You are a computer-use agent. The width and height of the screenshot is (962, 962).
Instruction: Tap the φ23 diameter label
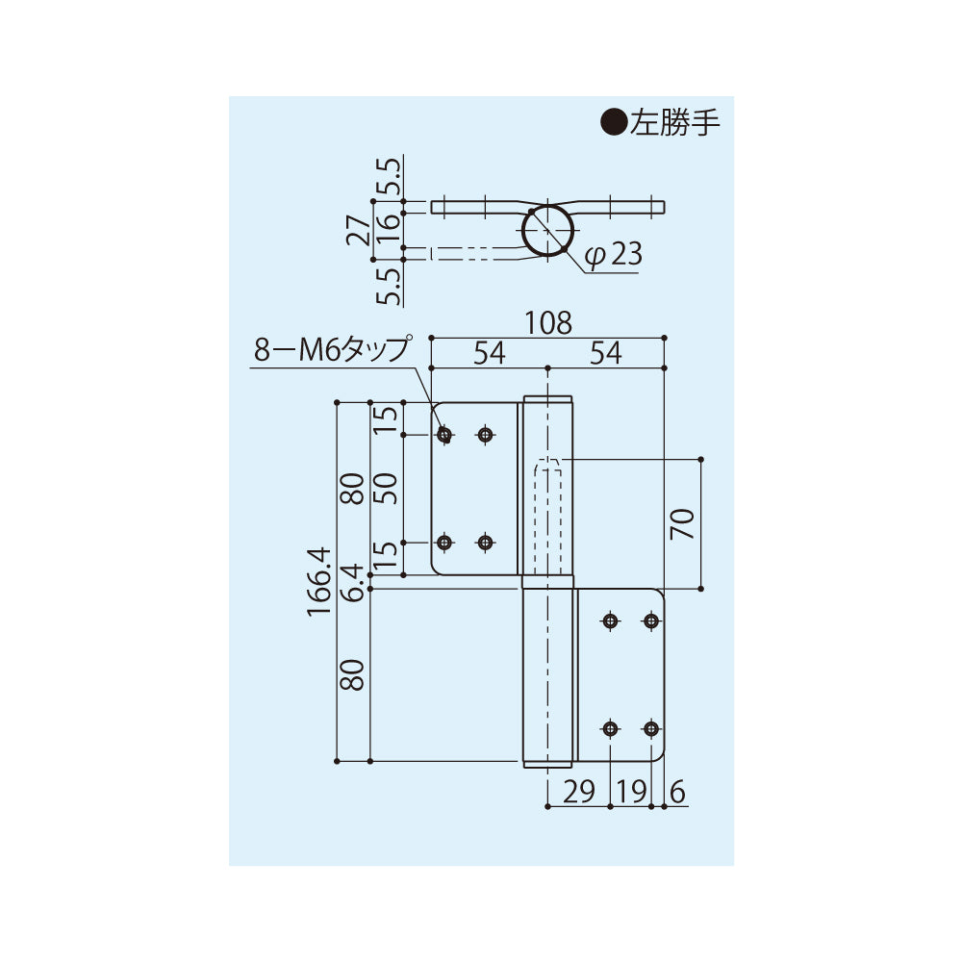(x=613, y=255)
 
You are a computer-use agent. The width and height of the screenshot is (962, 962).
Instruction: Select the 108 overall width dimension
(x=549, y=323)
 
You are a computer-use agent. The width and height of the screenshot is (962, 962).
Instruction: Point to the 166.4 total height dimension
(x=321, y=582)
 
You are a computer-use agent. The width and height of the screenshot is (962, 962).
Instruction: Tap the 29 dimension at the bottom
(x=578, y=792)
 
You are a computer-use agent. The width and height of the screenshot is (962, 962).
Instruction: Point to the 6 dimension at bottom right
(x=675, y=792)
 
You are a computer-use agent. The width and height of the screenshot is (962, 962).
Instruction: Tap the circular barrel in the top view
(x=550, y=231)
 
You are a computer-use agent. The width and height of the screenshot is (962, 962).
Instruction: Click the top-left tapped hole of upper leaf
(x=443, y=436)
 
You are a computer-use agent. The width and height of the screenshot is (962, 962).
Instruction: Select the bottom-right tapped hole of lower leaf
(x=652, y=728)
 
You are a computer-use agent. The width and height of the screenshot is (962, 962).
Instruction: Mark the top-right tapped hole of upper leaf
(x=485, y=436)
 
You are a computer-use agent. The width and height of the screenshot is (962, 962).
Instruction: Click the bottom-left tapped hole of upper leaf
(x=443, y=543)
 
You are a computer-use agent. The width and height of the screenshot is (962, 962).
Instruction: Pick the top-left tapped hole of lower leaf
(x=610, y=621)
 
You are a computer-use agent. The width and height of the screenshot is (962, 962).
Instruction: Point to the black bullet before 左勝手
(x=613, y=122)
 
